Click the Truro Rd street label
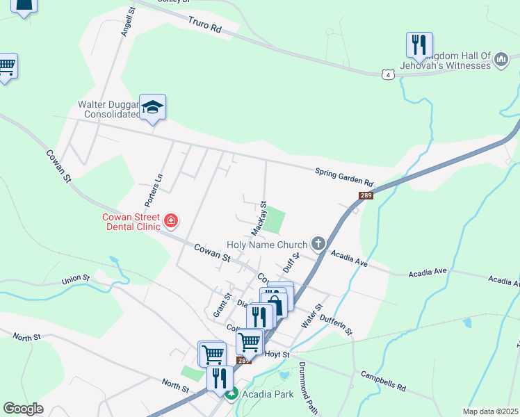tap(204, 26)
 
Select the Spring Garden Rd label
tap(344, 178)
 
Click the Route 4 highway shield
tap(388, 74)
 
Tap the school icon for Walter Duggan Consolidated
tap(152, 107)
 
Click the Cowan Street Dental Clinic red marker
tap(171, 222)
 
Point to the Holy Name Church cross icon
tap(318, 244)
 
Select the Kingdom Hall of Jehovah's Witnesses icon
tap(501, 61)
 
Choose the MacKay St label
tap(259, 218)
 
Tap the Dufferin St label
tap(336, 323)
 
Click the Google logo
tap(24, 409)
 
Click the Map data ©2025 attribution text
tap(489, 411)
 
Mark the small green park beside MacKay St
tap(275, 221)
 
